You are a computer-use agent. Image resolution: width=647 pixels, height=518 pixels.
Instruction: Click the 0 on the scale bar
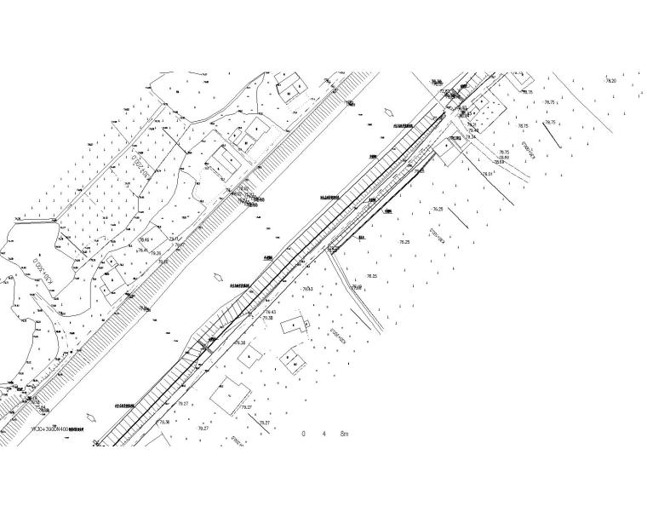coord(303,434)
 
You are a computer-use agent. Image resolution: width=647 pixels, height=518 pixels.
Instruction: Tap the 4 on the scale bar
coord(323,434)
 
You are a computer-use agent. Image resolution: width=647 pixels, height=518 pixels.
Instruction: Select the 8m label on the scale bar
coord(344,434)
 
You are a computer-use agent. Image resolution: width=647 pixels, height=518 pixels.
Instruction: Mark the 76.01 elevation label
coord(488,174)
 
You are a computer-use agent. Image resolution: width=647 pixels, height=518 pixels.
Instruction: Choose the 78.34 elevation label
coord(471,136)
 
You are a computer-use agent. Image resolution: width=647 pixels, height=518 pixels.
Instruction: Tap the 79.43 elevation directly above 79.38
coord(271,312)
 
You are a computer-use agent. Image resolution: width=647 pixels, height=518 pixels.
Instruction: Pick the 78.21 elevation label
coord(471,125)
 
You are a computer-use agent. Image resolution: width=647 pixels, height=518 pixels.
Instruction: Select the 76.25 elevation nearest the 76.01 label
coord(438,209)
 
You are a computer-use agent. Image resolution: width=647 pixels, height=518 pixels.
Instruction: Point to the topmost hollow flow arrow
coord(391,112)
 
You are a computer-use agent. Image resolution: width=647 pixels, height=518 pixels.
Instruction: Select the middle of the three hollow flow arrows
coord(219,278)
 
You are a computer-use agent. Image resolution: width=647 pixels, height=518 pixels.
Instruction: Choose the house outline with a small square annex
coord(294,325)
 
